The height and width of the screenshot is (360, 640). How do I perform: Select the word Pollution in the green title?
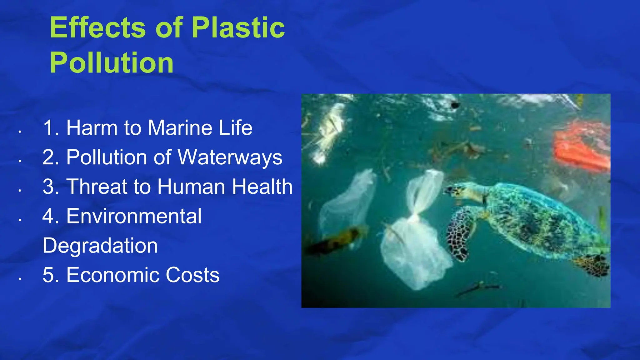[x=112, y=63]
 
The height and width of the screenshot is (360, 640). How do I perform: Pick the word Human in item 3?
[x=191, y=187]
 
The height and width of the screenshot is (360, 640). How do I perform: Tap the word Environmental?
[x=134, y=216]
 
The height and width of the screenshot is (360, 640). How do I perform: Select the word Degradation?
[x=100, y=245]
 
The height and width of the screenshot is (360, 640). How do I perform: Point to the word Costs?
[x=192, y=275]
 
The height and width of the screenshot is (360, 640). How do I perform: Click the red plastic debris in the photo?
[x=581, y=147]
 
